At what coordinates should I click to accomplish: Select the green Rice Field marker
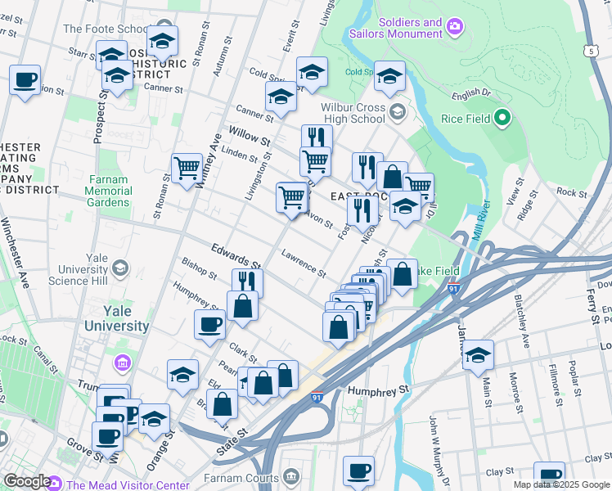502,119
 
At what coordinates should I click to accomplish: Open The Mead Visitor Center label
128,484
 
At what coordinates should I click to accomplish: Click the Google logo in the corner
26,481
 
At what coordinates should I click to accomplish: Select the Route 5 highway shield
591,51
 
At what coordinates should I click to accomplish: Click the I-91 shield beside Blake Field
455,288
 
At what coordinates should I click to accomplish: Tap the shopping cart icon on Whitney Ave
187,168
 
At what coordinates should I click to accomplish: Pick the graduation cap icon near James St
478,355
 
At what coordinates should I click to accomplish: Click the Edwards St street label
235,256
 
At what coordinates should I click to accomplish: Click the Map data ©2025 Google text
561,484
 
